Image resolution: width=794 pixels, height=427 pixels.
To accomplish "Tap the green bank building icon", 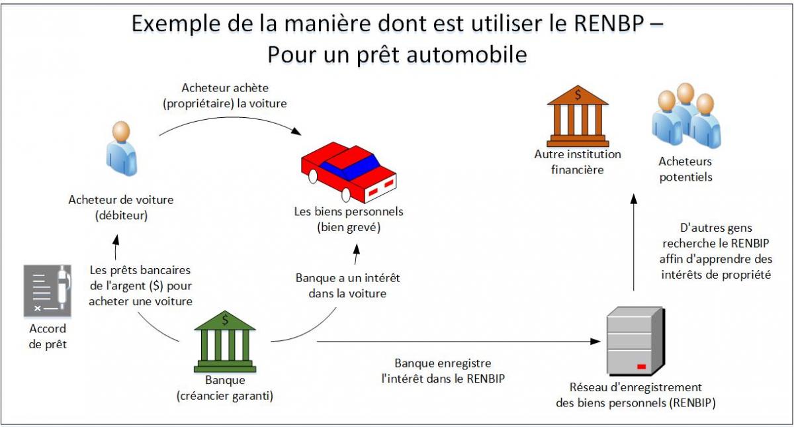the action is point(225,342).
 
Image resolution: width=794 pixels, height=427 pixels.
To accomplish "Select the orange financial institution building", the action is point(578,116).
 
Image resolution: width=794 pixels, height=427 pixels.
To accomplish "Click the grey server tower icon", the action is point(636,341).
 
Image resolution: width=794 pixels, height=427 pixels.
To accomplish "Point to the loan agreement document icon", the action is point(48,291).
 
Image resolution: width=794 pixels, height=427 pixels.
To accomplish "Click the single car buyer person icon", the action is point(121,148).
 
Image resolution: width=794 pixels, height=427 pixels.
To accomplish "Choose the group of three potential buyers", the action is point(686,115).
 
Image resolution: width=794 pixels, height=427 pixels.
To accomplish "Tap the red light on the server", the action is point(642,366).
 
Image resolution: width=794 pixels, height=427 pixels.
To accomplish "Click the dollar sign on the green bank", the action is point(225,320).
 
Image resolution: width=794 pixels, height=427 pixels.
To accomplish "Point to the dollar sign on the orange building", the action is point(578,95).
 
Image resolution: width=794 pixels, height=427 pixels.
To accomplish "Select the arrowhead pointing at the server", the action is point(595,342).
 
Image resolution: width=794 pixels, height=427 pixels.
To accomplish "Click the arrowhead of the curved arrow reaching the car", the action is point(296,131).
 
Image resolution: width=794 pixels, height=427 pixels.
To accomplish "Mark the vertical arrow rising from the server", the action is point(634,242).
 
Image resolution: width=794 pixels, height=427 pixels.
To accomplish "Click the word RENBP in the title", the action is point(609,24).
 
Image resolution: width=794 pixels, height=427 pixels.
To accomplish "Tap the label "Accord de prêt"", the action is point(48,336).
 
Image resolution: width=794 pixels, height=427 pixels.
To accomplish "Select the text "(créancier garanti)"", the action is point(225,396).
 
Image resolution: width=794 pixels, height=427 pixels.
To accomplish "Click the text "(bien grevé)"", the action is point(349,227).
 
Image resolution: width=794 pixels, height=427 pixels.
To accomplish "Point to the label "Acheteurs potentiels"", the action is point(685,169).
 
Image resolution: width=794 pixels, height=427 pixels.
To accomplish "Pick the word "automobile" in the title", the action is point(467,55).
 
